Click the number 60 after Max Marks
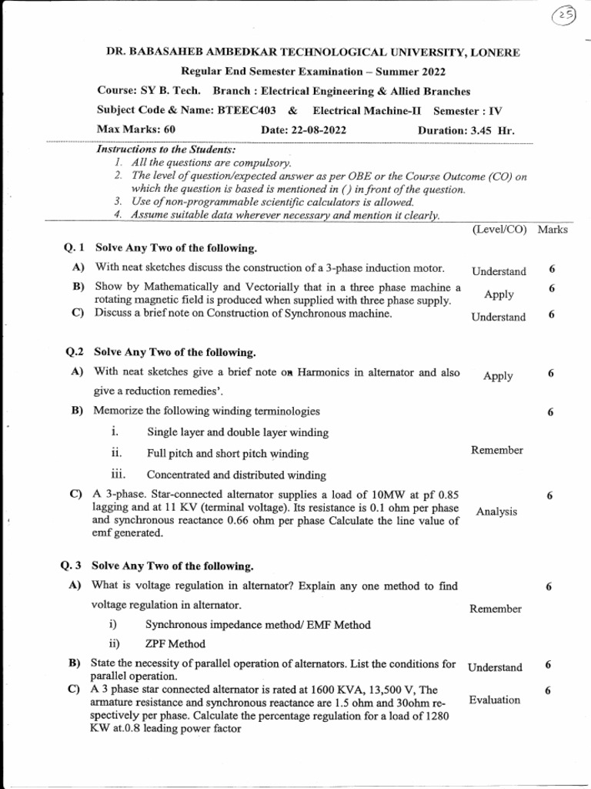pyautogui.click(x=169, y=129)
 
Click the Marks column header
pyautogui.click(x=553, y=230)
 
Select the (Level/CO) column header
pyautogui.click(x=499, y=230)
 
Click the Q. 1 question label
pyautogui.click(x=75, y=248)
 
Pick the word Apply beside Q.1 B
pyautogui.click(x=499, y=294)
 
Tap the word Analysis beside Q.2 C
pyautogui.click(x=496, y=512)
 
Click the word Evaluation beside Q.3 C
pyautogui.click(x=494, y=700)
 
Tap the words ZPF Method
pyautogui.click(x=175, y=644)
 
